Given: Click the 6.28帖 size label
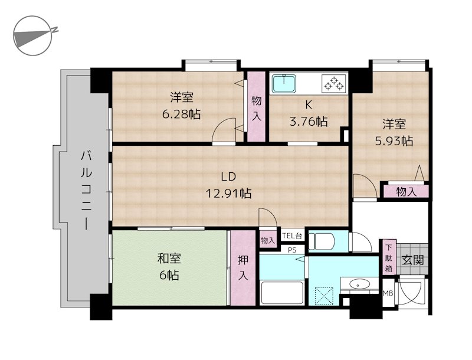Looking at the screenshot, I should click(182, 114).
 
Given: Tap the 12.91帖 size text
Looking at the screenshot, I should click(228, 193).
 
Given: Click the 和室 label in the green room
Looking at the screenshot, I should click(169, 258).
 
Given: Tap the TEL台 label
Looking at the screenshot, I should click(292, 236).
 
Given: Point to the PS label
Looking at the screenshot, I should click(291, 250).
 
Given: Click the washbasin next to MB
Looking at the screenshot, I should click(359, 285).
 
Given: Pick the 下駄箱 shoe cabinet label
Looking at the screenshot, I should click(389, 258).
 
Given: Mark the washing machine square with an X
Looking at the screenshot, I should click(324, 294).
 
